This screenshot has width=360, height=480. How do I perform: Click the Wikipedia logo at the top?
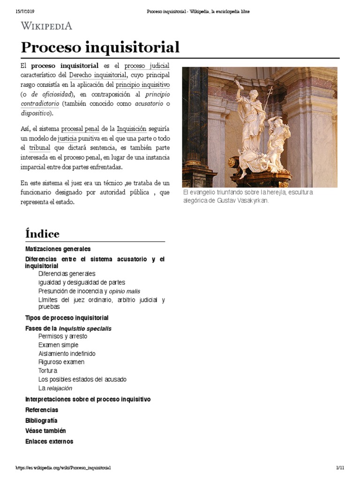point(46,26)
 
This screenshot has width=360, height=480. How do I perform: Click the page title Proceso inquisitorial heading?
point(100,47)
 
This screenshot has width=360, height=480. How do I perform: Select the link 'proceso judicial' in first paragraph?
point(147,66)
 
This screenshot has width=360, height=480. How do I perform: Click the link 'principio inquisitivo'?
point(143,84)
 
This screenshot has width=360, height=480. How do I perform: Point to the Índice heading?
point(42,233)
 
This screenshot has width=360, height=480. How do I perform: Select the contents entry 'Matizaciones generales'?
point(58,249)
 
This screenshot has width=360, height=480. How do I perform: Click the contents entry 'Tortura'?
point(48,371)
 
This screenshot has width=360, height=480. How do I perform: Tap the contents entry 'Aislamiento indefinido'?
point(67,353)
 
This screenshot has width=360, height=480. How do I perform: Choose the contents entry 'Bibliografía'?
point(41,420)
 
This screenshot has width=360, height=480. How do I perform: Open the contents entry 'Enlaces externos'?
point(49,441)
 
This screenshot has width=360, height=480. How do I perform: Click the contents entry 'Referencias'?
point(42,410)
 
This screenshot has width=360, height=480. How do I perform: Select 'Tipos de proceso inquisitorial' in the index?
point(67,318)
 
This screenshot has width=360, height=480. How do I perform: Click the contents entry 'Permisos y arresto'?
point(63,336)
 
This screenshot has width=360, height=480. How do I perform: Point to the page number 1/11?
point(340,468)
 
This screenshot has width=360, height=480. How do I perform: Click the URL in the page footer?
point(63,468)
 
